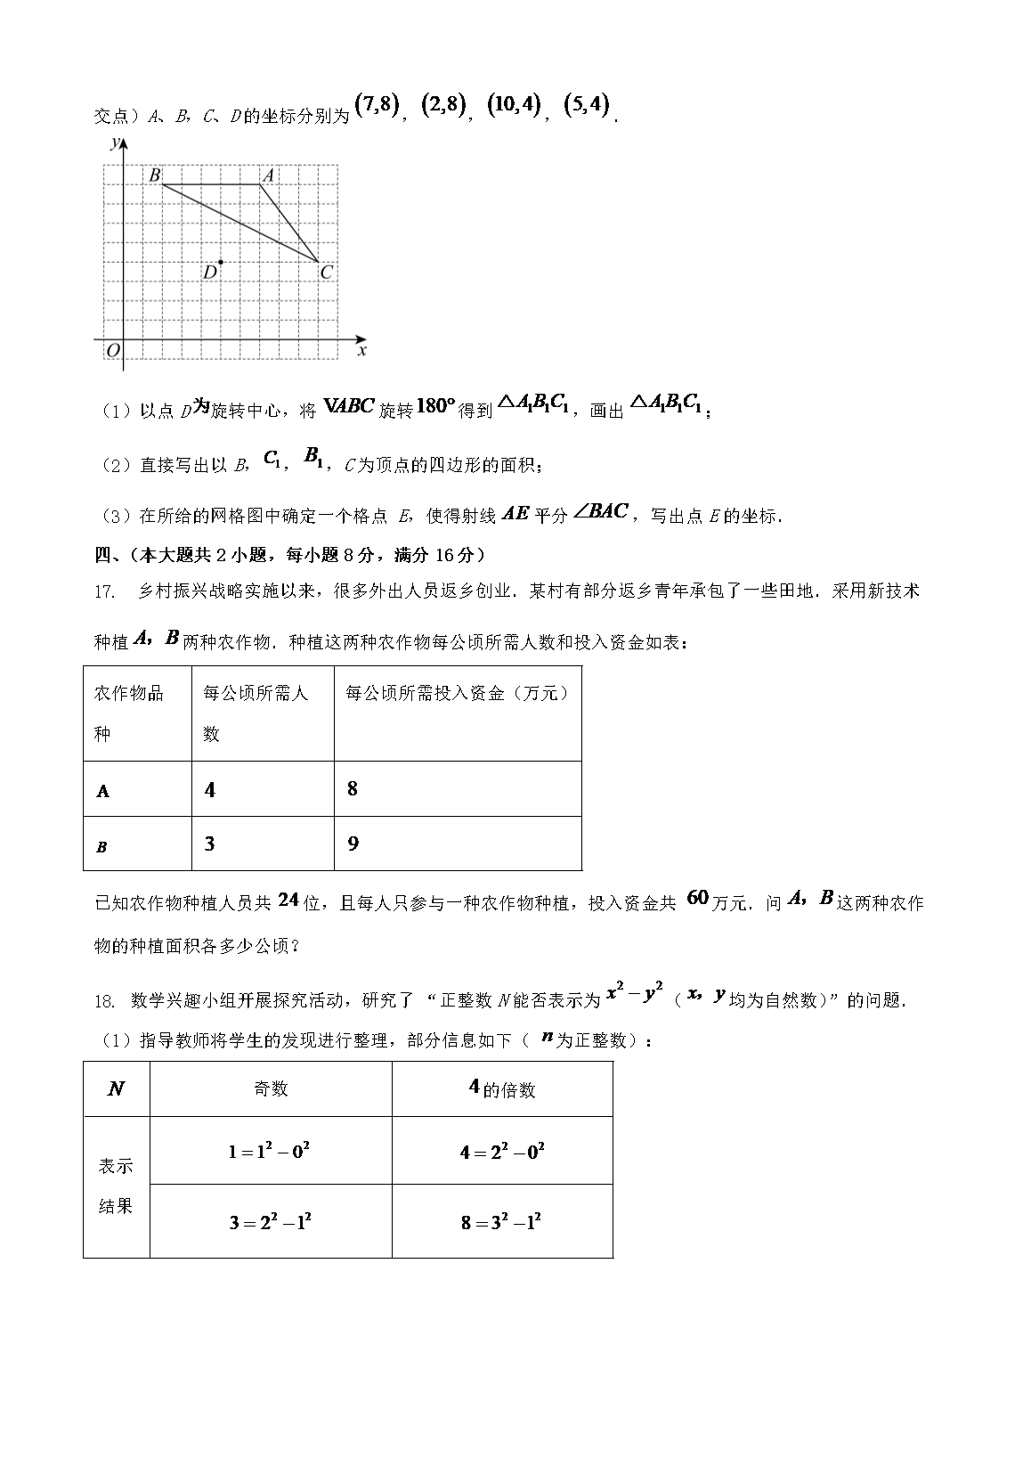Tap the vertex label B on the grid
click(155, 175)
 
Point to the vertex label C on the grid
click(327, 273)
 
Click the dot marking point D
click(220, 262)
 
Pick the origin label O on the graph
click(112, 351)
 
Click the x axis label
click(361, 351)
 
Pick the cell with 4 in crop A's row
click(210, 789)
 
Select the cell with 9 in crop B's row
click(353, 844)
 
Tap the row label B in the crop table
click(101, 847)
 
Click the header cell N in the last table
click(116, 1088)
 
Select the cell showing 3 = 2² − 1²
click(270, 1221)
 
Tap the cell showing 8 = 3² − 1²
click(501, 1221)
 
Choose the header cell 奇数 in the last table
click(270, 1088)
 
